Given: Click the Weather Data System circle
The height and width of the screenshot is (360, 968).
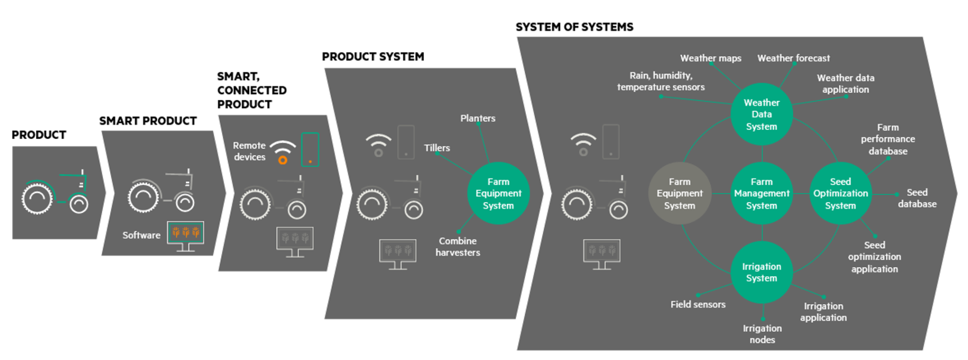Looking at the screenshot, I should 761,114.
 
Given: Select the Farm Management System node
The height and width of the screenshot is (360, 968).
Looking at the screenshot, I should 761,193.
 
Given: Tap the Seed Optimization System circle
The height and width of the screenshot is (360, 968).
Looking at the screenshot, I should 840,193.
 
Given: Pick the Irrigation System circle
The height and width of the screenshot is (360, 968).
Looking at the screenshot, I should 761,272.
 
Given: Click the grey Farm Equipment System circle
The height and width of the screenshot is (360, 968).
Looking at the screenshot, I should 680,193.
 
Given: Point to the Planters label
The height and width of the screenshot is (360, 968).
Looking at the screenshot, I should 478,118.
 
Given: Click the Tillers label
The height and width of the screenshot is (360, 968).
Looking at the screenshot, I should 437,148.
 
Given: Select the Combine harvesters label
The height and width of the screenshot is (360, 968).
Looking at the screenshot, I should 458,246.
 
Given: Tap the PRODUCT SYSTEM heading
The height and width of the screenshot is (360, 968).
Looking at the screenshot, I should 373,57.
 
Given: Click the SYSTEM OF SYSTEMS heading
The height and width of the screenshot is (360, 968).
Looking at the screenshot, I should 575,27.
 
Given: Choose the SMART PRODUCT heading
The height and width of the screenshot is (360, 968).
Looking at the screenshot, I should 148,121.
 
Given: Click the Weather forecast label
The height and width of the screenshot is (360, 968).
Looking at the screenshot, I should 794,58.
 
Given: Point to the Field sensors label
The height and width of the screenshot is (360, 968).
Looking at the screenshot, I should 698,304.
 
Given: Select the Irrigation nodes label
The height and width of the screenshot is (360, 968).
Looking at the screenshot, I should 762,334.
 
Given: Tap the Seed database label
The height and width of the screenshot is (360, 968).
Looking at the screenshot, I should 917,198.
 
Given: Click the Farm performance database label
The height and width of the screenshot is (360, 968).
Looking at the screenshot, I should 888,139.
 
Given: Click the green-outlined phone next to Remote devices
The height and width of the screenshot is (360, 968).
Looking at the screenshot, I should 310,149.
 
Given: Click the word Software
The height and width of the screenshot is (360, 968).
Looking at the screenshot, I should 141,235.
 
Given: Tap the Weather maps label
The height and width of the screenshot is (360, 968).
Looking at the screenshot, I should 711,58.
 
